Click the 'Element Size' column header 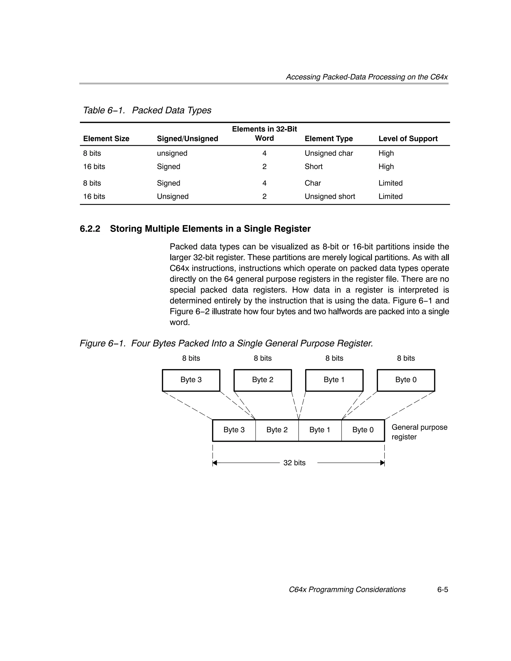click(x=106, y=139)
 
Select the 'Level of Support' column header click(x=408, y=139)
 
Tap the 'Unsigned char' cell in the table click(x=329, y=153)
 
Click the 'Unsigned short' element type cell click(x=330, y=196)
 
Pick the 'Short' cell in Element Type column click(x=313, y=167)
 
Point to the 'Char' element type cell click(x=313, y=183)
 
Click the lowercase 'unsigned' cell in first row click(x=172, y=153)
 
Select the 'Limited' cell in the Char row click(x=390, y=183)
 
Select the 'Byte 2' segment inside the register click(x=277, y=430)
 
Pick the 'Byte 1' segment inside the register click(x=320, y=430)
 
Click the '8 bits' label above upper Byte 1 click(x=334, y=358)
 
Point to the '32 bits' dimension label click(x=294, y=463)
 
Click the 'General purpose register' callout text click(x=419, y=432)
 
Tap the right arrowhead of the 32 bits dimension click(x=382, y=463)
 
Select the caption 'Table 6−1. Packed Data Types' click(x=147, y=110)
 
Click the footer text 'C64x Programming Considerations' click(x=347, y=590)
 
